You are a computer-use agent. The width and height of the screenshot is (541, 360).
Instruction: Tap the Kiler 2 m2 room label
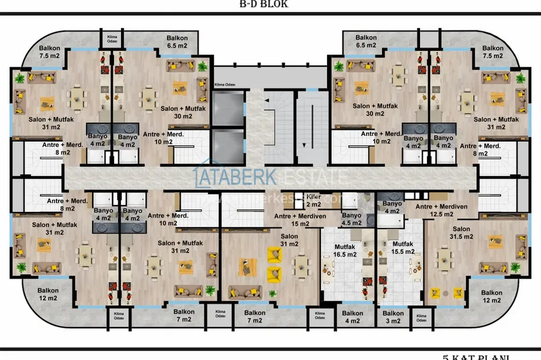click(x=313, y=200)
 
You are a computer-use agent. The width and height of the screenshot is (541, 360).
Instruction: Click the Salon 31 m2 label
click(x=289, y=240)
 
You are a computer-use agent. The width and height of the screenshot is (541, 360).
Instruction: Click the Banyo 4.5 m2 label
click(x=351, y=219)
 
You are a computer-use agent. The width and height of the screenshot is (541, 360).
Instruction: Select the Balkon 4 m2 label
click(x=352, y=317)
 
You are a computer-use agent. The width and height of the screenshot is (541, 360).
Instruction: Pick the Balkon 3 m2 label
click(x=393, y=317)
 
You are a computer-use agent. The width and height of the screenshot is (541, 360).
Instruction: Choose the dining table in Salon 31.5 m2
click(x=444, y=258)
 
